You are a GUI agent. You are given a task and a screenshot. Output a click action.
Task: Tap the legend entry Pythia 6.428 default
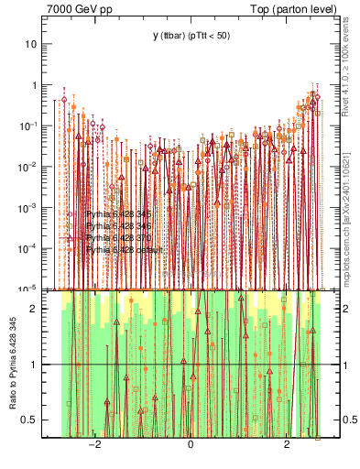(x=123, y=249)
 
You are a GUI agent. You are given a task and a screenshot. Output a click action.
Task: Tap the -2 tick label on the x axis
(x=93, y=446)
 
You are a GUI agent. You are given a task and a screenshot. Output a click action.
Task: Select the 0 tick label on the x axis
(x=191, y=446)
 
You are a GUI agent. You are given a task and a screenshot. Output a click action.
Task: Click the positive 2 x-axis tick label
(x=287, y=446)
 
